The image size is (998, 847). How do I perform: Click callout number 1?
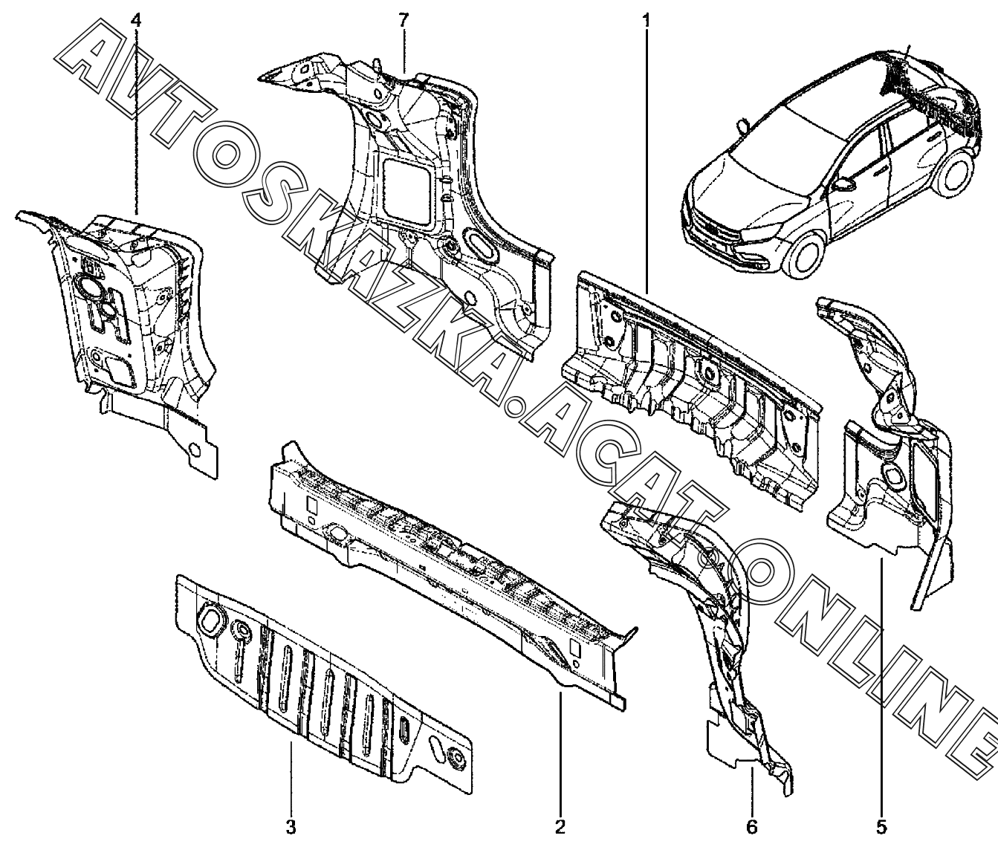(x=646, y=19)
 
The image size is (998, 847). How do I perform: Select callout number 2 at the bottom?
(x=560, y=826)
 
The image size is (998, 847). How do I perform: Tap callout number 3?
(x=291, y=826)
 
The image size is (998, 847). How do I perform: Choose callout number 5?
(x=881, y=826)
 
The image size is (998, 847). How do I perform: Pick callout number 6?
(x=751, y=826)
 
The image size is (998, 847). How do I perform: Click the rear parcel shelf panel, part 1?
(x=691, y=386)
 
